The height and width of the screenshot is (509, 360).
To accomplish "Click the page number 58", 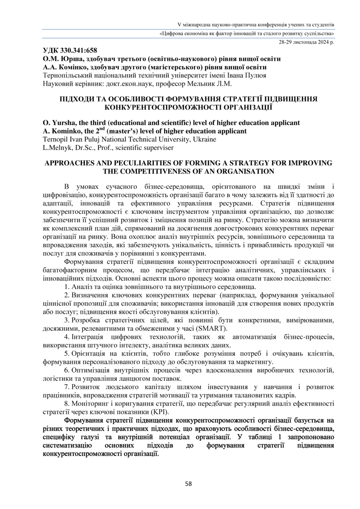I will (x=188, y=484).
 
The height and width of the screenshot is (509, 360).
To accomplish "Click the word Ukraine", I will (x=202, y=140).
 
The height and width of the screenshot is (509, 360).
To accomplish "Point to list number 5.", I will (x=66, y=353).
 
